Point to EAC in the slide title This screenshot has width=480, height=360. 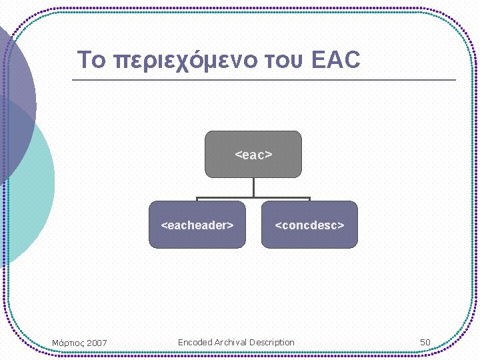[x=336, y=60]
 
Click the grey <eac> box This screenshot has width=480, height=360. [x=253, y=154]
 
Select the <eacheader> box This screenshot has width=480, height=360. [x=197, y=225]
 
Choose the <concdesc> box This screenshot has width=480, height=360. [x=309, y=225]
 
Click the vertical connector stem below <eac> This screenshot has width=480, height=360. [x=253, y=187]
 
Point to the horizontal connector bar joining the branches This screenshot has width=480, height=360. [x=253, y=197]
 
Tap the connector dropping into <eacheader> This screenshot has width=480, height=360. [x=197, y=199]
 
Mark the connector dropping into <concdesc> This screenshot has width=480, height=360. [x=309, y=199]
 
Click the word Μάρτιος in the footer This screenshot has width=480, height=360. [x=67, y=343]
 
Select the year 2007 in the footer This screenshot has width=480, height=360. [x=96, y=343]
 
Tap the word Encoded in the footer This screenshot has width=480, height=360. [x=195, y=342]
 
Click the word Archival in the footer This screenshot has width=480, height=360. [x=231, y=342]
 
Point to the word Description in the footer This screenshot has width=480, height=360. [x=272, y=342]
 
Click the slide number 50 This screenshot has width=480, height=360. [x=425, y=342]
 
